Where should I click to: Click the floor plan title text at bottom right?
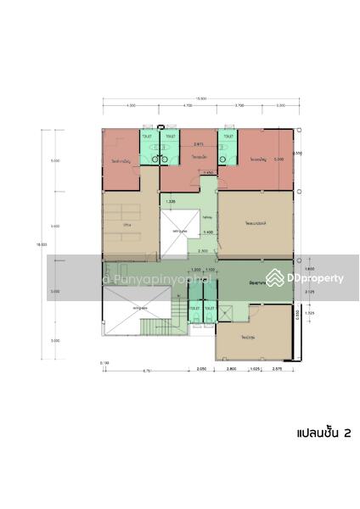(323, 433)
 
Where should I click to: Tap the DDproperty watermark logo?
(304, 278)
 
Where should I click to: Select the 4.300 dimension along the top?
(130, 106)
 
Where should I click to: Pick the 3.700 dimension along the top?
(239, 106)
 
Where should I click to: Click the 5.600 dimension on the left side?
(54, 226)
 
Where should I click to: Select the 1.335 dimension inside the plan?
(171, 202)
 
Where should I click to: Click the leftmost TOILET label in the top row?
(147, 136)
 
